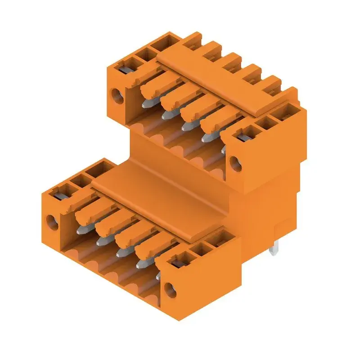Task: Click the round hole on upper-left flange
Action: click(117, 95)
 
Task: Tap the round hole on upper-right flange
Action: click(234, 161)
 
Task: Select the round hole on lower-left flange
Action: click(52, 221)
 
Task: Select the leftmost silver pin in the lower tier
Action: click(82, 229)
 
